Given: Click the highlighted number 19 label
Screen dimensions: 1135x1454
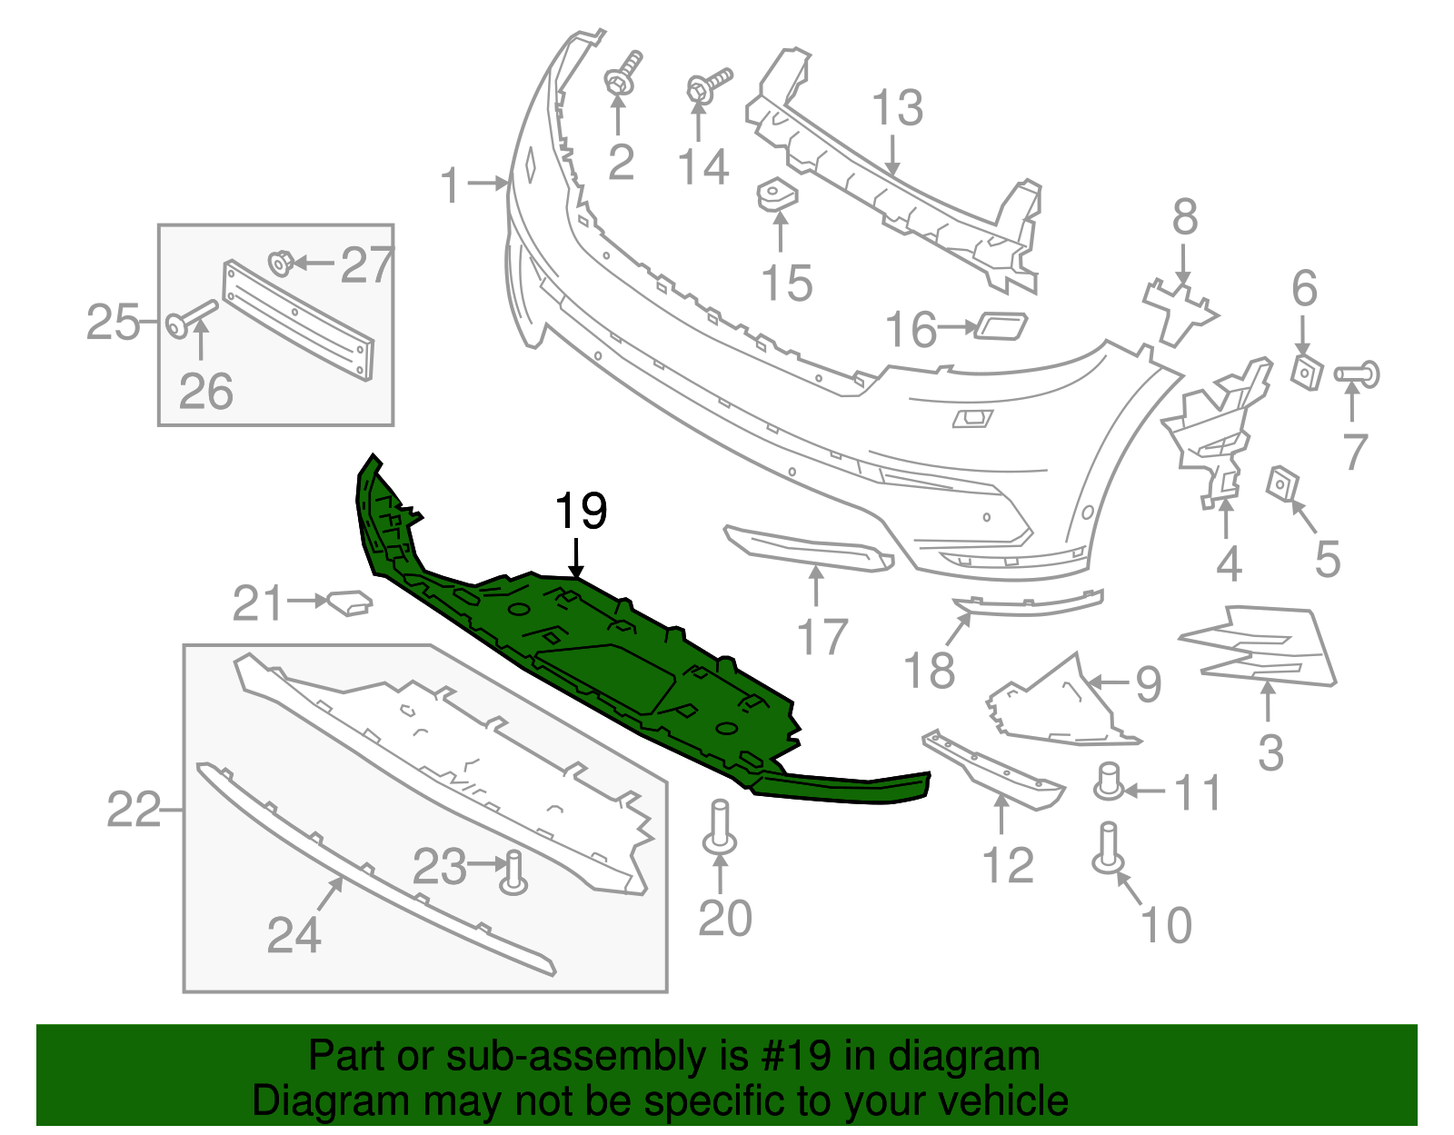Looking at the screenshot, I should click(x=581, y=512).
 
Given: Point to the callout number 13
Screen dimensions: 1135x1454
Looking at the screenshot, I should click(x=897, y=108).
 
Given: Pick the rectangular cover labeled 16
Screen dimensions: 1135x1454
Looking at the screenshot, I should click(x=1001, y=324).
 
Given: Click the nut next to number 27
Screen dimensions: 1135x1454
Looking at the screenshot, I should click(x=280, y=264).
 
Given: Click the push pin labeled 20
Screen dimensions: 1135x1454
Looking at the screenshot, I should click(x=719, y=827).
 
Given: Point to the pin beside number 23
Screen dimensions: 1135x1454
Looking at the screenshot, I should click(x=514, y=872).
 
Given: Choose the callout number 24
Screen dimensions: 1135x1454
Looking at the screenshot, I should click(x=294, y=934).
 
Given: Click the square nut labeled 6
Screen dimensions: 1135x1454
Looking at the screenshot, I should click(x=1306, y=371).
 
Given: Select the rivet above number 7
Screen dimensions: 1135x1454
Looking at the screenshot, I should click(x=1358, y=373).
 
